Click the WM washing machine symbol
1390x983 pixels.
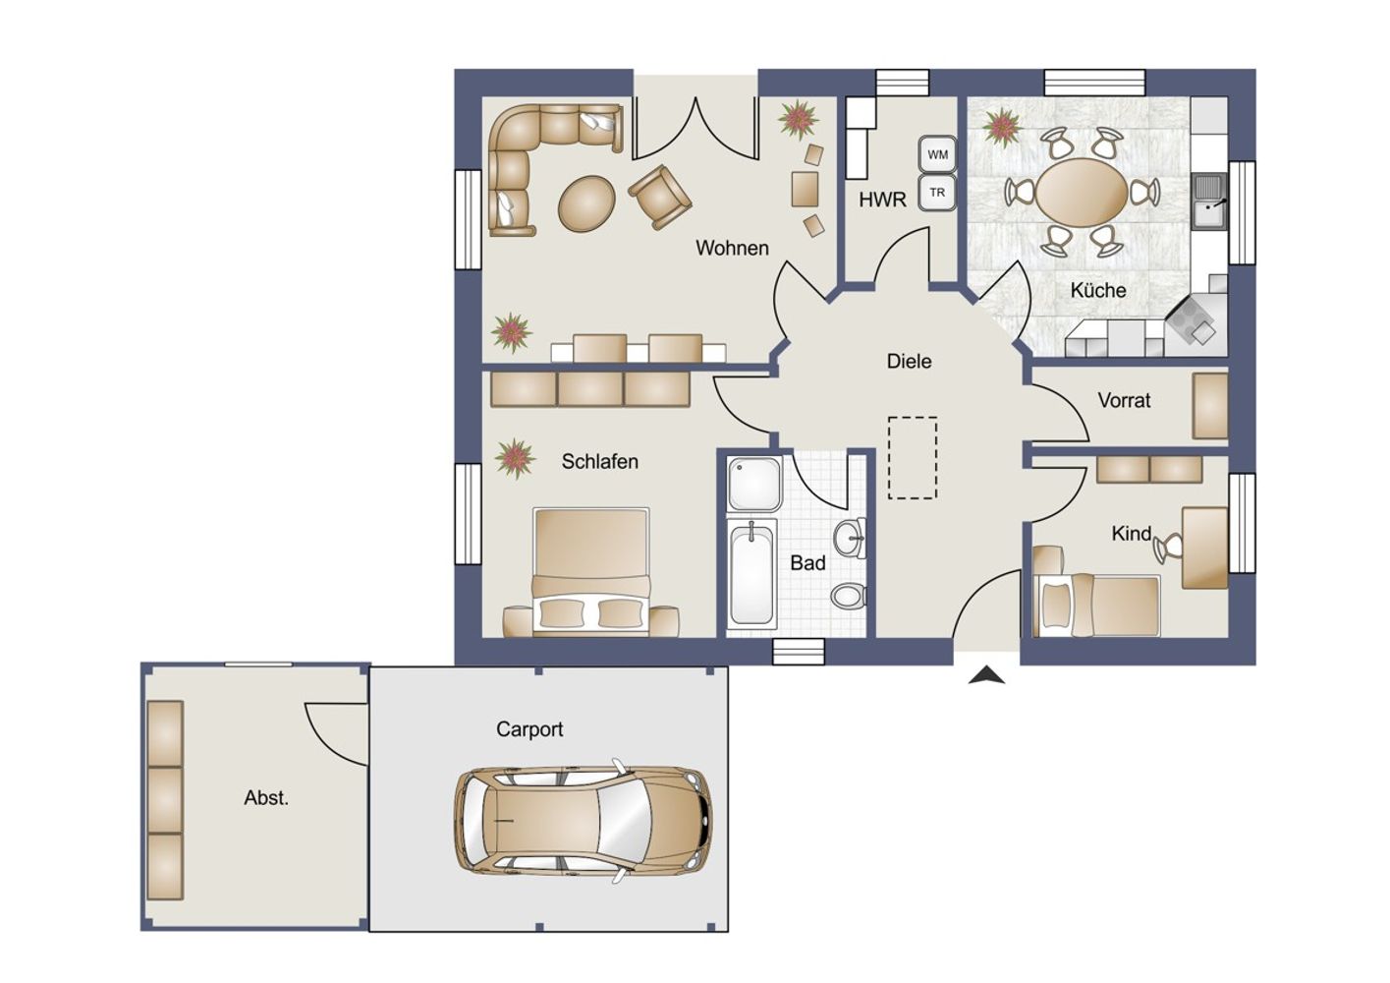point(937,154)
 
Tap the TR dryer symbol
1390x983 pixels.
point(937,193)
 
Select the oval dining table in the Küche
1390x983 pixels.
point(1083,193)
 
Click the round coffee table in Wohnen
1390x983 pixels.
point(587,203)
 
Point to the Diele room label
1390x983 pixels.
point(909,362)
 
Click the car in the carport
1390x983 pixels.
point(584,821)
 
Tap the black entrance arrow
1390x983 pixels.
point(986,675)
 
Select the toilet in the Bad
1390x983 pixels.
point(849,596)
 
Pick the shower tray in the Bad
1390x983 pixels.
point(754,484)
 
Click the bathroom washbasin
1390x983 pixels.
point(850,538)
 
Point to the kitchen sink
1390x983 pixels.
point(1209,202)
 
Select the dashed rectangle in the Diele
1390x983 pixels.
point(913,458)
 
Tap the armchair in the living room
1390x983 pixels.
point(659,197)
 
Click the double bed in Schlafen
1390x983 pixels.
point(590,572)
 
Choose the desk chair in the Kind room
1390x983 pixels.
point(1168,549)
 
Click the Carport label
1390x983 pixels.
point(529,729)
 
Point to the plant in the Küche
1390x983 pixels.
point(1002,128)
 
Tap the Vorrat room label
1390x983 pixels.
point(1124,400)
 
